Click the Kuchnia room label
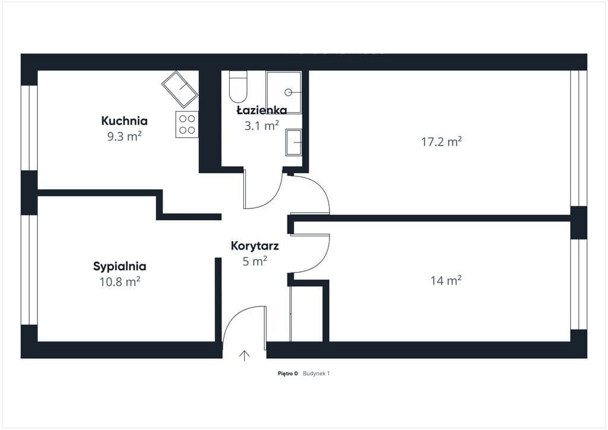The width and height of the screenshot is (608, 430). (x=125, y=121)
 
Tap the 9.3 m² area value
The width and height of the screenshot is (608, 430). (x=124, y=137)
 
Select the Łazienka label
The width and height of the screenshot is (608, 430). (x=262, y=110)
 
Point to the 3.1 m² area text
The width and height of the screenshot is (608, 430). (x=261, y=126)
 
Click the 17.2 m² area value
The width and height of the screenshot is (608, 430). (x=441, y=141)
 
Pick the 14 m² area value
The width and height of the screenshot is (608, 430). (x=445, y=280)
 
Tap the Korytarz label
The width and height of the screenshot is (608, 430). (x=255, y=246)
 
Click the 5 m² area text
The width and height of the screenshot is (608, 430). (x=255, y=261)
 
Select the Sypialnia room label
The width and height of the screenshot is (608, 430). (x=120, y=267)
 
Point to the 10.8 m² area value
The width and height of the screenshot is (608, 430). (x=120, y=282)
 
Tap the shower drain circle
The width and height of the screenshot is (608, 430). (x=288, y=92)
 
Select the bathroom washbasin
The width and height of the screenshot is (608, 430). (x=293, y=143)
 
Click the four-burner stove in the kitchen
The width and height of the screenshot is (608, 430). (x=187, y=124)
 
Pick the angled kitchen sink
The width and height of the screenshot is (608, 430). (x=180, y=90)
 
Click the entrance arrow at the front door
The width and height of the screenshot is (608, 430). (x=244, y=356)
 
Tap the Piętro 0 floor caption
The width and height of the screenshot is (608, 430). (x=288, y=374)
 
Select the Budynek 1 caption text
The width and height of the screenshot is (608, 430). (x=316, y=374)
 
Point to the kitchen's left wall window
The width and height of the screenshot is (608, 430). (x=29, y=128)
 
